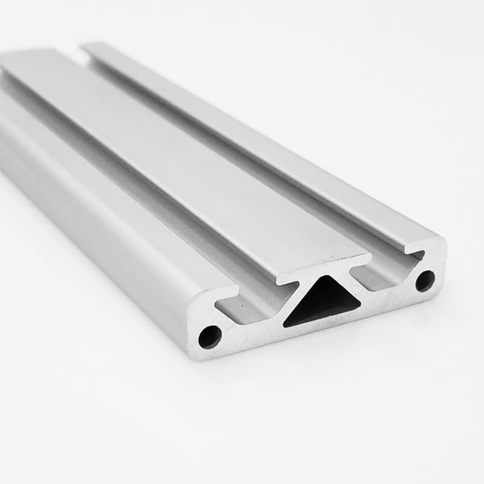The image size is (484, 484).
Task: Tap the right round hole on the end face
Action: point(425,281)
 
